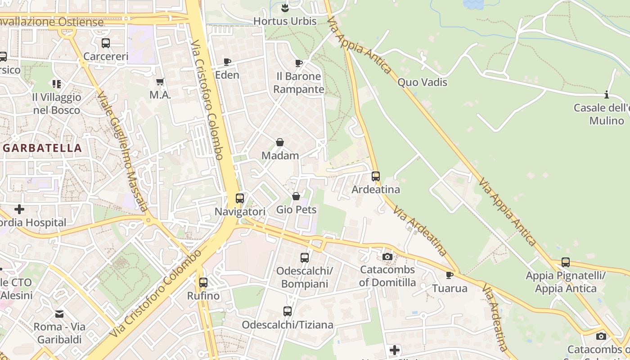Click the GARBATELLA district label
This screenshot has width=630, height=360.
click(x=42, y=148)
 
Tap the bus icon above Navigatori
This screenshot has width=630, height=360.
click(x=240, y=198)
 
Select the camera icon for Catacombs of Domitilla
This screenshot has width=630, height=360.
click(x=387, y=256)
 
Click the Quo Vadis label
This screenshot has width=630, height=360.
click(x=422, y=82)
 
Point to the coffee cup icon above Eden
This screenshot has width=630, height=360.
click(x=227, y=62)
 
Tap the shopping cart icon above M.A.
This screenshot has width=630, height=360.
click(x=160, y=82)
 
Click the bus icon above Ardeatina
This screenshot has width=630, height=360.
click(x=376, y=176)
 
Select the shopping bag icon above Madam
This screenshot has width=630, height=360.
click(x=280, y=142)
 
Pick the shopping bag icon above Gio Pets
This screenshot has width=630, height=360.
click(x=296, y=196)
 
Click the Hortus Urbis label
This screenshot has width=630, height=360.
click(x=285, y=21)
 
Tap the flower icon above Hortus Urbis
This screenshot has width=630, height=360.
click(x=285, y=8)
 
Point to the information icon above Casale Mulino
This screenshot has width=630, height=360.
click(x=607, y=94)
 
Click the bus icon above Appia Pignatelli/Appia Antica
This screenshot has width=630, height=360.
click(x=566, y=262)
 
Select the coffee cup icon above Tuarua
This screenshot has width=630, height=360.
click(x=449, y=274)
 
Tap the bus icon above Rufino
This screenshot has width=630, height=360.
click(x=203, y=282)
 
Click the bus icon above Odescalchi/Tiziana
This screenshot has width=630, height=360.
click(x=288, y=311)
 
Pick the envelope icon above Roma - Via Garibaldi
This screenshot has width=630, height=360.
click(x=59, y=313)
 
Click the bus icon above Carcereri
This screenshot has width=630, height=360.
click(x=106, y=43)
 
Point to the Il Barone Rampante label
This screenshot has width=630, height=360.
click(x=298, y=83)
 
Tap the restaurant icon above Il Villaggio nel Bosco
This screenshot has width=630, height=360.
click(x=56, y=84)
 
